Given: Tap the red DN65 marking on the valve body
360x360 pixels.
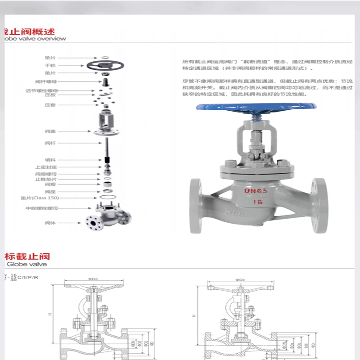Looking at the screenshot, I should tap(256, 190).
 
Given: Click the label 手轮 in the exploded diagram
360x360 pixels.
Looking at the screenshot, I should tap(49, 65).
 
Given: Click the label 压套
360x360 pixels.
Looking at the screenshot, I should tap(49, 105).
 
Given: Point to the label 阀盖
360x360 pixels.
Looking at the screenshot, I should tap(49, 131).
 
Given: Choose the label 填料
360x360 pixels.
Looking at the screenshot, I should tap(49, 159).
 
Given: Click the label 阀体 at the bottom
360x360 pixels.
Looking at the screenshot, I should tap(49, 223).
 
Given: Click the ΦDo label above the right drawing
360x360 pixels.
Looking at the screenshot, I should tap(239, 280).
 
